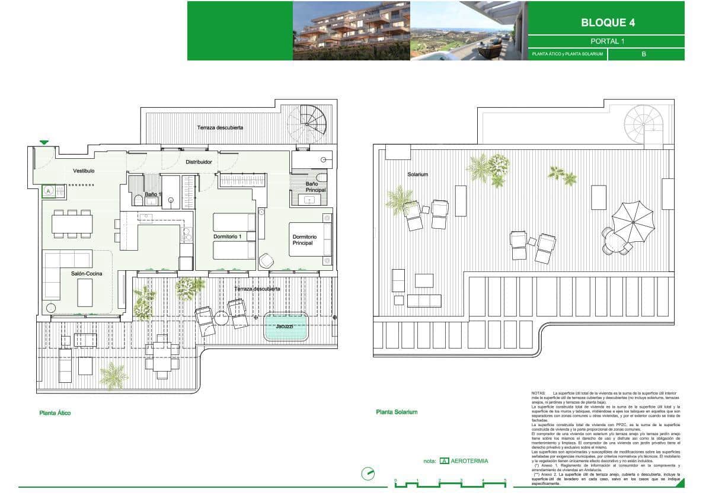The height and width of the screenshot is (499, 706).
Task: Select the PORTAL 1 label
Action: [607, 41]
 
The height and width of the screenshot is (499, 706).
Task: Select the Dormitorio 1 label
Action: [228, 236]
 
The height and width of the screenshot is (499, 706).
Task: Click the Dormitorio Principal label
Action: [304, 239]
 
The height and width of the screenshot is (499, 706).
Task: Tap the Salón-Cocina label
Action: [87, 273]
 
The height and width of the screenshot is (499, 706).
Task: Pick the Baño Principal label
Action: [315, 187]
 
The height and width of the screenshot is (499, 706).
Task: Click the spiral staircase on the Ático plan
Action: [307, 122]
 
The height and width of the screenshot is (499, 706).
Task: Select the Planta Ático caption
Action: [55, 413]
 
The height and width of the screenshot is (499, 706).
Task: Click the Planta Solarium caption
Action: [397, 412]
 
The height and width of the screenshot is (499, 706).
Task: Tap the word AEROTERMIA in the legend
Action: [469, 460]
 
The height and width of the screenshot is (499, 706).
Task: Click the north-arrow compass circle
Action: [368, 474]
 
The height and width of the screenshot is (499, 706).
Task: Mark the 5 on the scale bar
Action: [505, 480]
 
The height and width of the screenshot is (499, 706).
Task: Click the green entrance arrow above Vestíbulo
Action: [44, 142]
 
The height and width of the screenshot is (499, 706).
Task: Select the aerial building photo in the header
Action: [352, 31]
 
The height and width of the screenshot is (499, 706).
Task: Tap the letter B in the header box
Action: [644, 55]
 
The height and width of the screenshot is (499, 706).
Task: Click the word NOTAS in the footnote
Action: [538, 393]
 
